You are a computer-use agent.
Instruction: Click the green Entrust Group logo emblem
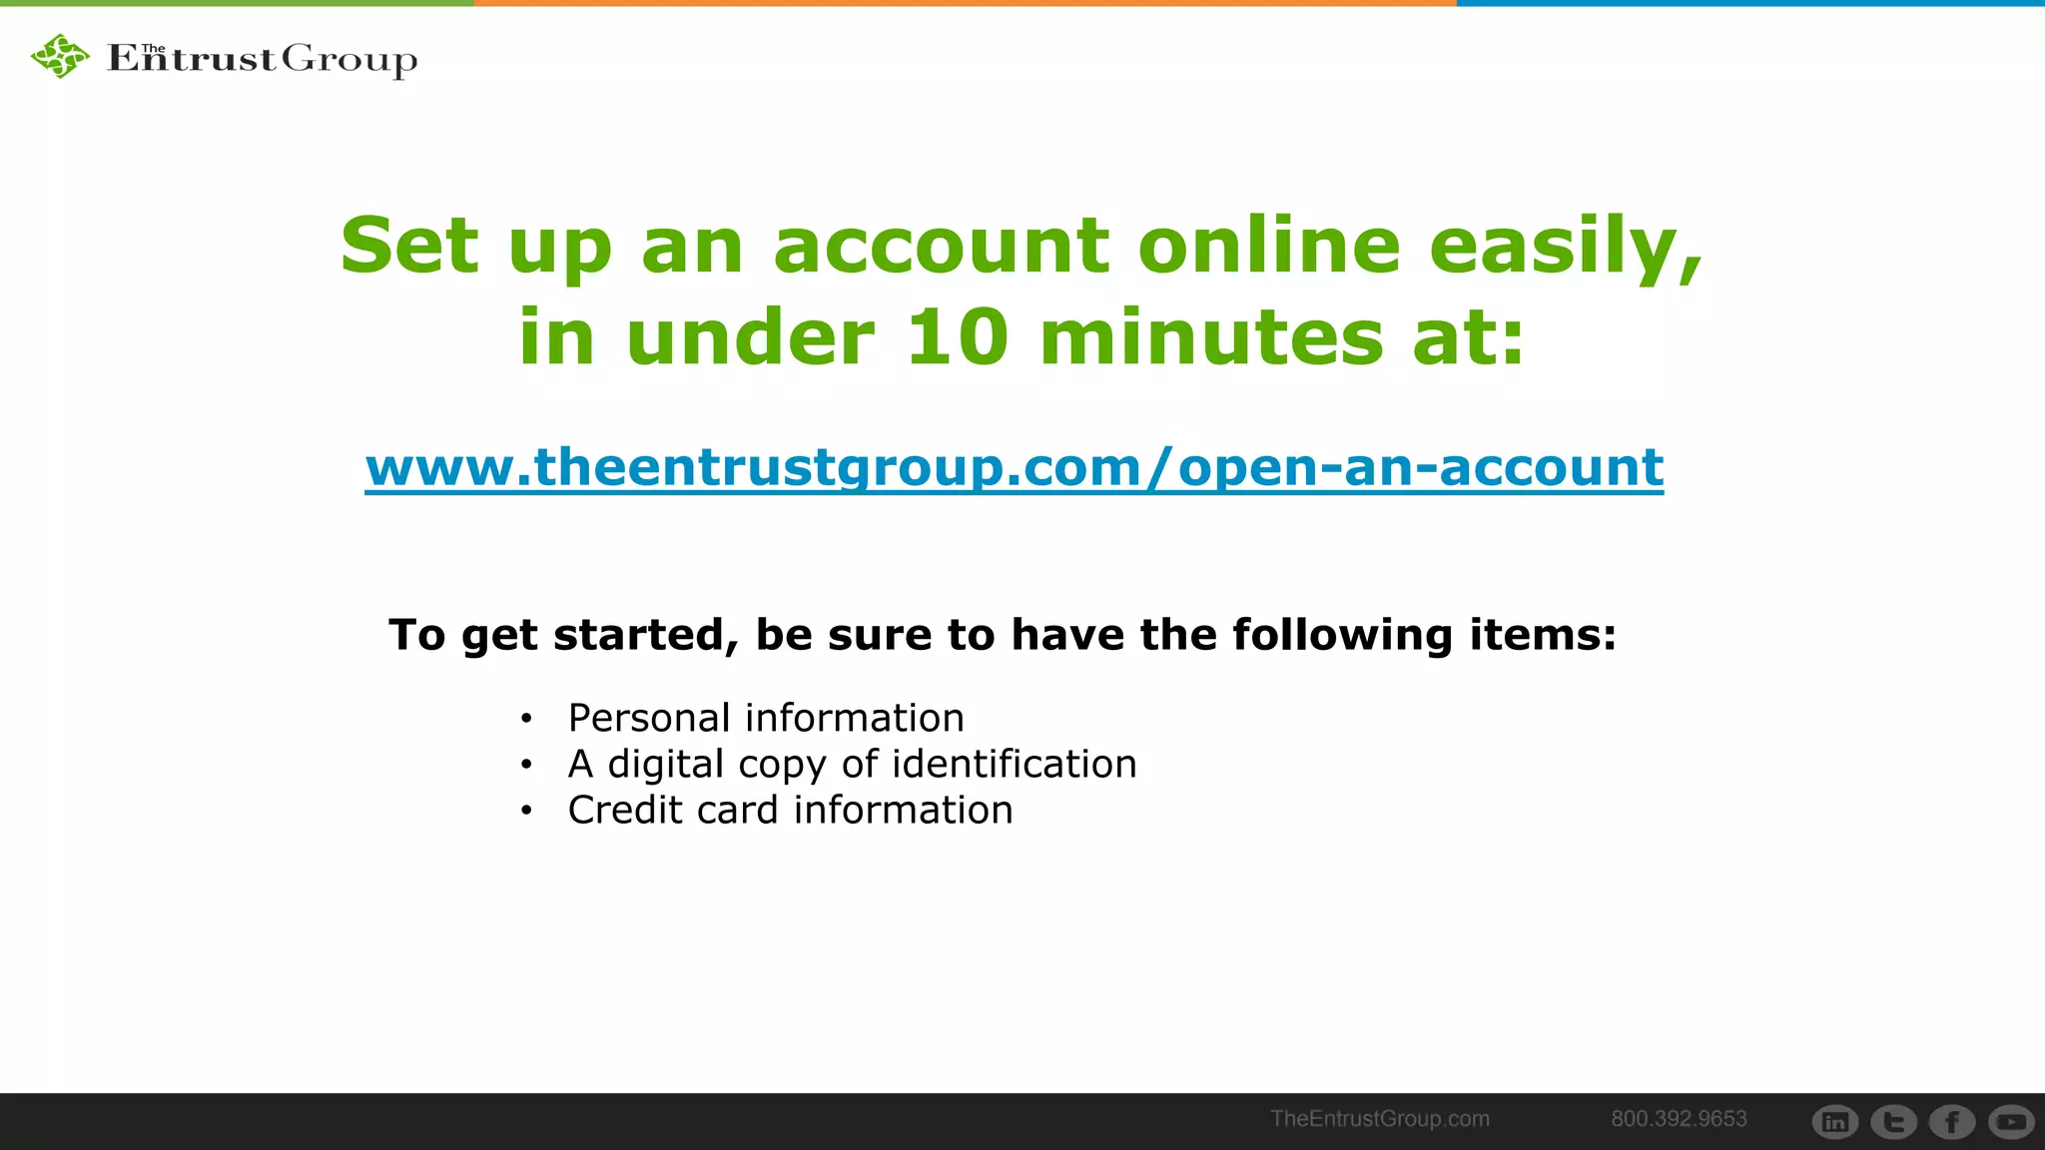[x=60, y=56]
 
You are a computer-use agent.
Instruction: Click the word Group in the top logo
[x=348, y=60]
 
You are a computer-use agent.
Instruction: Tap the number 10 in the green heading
[x=957, y=336]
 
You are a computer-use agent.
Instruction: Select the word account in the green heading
[x=941, y=246]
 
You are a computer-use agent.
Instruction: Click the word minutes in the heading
[x=1211, y=336]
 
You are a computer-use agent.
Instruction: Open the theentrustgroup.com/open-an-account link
[x=1014, y=467]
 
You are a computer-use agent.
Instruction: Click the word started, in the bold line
[x=645, y=635]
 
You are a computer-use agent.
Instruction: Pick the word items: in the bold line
[x=1542, y=635]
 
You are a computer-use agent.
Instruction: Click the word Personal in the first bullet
[x=649, y=718]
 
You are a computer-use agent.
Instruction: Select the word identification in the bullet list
[x=1014, y=764]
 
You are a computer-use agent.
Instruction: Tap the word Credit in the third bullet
[x=625, y=810]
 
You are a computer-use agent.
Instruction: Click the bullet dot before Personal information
[x=526, y=719]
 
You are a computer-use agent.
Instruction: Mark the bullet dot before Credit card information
[x=526, y=811]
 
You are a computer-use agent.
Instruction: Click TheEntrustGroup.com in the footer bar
[x=1379, y=1119]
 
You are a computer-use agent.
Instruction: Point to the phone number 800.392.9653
[x=1679, y=1119]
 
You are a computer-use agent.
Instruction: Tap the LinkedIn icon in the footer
[x=1835, y=1122]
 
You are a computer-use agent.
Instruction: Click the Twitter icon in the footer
[x=1893, y=1122]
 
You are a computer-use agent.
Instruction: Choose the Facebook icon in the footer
[x=1952, y=1122]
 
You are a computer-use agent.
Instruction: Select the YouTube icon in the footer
[x=2011, y=1122]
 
